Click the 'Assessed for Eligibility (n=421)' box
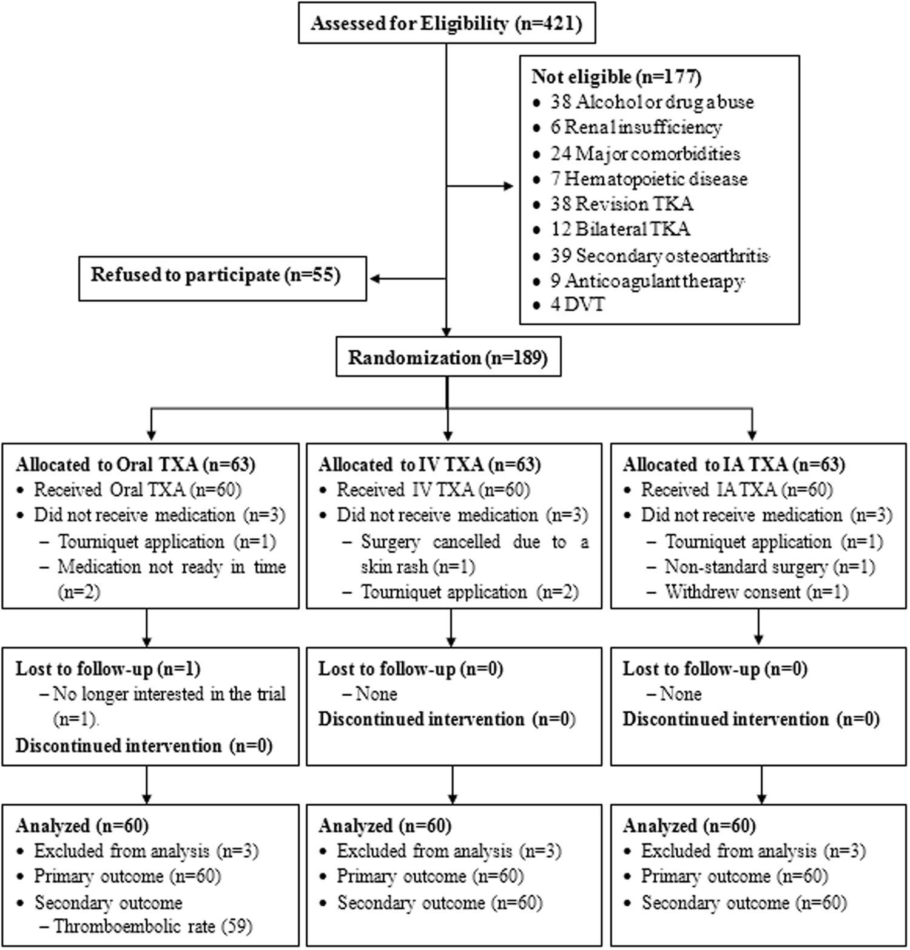click(447, 24)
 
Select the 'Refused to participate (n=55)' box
click(222, 276)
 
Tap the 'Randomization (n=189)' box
click(448, 358)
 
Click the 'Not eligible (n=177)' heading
click(616, 77)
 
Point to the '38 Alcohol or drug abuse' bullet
click(652, 102)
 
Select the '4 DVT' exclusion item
click(578, 304)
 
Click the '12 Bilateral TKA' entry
click(620, 229)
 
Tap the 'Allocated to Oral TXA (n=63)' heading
click(135, 465)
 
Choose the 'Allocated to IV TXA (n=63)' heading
click(429, 465)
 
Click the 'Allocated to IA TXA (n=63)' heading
click(733, 465)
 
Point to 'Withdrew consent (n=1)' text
click(756, 592)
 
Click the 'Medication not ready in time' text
click(172, 567)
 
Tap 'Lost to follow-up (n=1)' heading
click(108, 669)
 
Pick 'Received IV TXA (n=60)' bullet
click(433, 490)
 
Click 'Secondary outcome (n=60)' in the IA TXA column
click(744, 903)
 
